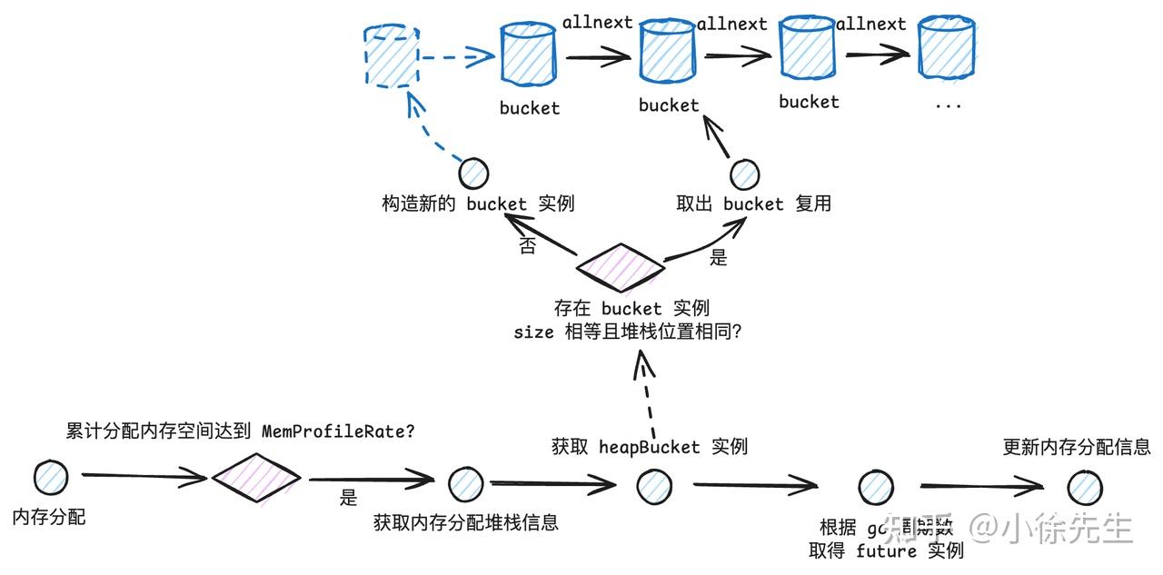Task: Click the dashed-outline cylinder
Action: click(391, 58)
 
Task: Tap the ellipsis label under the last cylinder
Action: click(948, 104)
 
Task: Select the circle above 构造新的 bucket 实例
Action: click(473, 173)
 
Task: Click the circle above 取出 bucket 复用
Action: click(744, 173)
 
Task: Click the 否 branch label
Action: click(527, 246)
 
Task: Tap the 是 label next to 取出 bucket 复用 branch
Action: click(719, 258)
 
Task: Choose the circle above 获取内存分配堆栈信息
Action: click(465, 484)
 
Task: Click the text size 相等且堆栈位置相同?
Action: click(628, 332)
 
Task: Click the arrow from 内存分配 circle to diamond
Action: click(145, 475)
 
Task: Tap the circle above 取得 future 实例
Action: click(875, 488)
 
